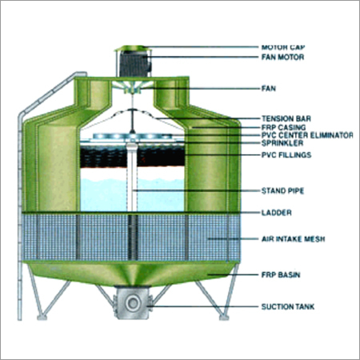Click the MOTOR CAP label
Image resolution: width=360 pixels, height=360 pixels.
coord(283,47)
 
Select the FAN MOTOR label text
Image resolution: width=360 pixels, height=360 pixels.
coord(282,57)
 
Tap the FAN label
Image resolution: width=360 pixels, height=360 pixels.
coord(269,89)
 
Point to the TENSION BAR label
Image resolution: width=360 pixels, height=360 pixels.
coord(286,118)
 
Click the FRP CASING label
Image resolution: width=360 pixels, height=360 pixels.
coord(283,127)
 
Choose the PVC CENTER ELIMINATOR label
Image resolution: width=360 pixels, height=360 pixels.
coord(307,135)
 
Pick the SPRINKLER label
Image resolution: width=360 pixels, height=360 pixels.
coord(282,143)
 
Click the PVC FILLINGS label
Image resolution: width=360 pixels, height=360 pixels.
coord(286,155)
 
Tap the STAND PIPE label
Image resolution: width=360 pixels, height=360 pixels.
coord(282,191)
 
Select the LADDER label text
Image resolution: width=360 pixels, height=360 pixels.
coord(277,213)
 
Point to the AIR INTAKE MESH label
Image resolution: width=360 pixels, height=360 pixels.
coord(293,239)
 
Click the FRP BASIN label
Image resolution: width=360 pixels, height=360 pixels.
coord(281,275)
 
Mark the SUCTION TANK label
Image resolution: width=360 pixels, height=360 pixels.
coord(288,307)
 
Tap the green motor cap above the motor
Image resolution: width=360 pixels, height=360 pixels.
coord(131,48)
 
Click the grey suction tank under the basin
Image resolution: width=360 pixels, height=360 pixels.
coord(132,302)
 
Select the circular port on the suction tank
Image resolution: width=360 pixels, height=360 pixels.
coord(133,303)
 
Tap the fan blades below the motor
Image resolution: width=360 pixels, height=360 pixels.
coord(132,86)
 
